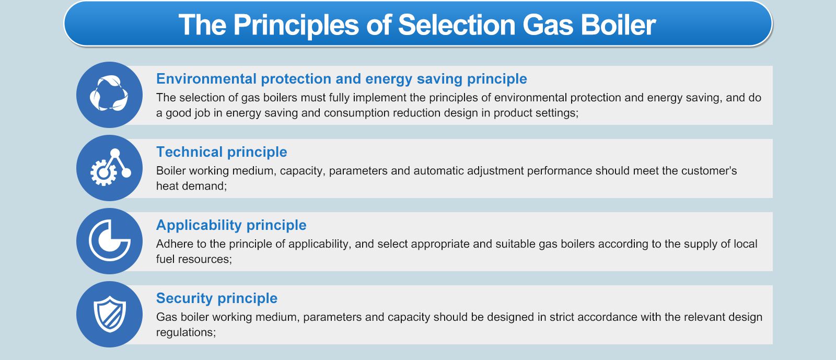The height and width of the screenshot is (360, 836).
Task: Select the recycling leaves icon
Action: tap(109, 95)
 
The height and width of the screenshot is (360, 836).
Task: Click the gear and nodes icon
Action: tap(109, 168)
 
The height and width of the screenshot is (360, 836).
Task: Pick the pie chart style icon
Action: tap(109, 241)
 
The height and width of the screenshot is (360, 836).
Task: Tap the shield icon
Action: tap(109, 314)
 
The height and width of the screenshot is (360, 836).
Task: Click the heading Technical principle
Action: tap(222, 152)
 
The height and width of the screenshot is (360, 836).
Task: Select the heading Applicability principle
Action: tap(231, 225)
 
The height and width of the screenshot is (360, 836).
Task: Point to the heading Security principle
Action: tap(216, 298)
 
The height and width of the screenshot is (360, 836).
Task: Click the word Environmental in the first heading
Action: tap(206, 79)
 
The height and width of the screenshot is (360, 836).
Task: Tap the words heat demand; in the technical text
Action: tap(191, 186)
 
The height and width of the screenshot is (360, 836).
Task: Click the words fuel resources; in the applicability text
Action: tap(194, 259)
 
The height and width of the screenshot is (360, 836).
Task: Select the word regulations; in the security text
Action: tap(185, 332)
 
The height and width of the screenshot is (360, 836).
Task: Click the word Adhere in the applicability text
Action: tap(174, 244)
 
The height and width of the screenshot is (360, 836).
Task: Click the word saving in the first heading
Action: tap(439, 79)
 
